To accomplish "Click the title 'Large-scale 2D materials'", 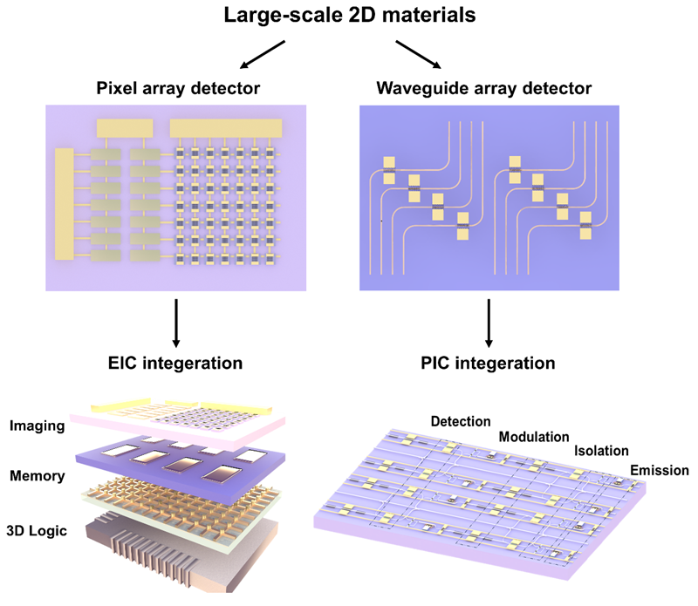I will coord(348,17).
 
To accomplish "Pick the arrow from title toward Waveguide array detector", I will coord(418,54).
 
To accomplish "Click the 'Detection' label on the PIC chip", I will coord(461,421).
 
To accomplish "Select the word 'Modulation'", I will coord(534,436).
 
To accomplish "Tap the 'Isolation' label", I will coord(601,452).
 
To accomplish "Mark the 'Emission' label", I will coord(659,471).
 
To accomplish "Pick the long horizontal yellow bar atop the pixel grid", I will coord(226,127).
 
